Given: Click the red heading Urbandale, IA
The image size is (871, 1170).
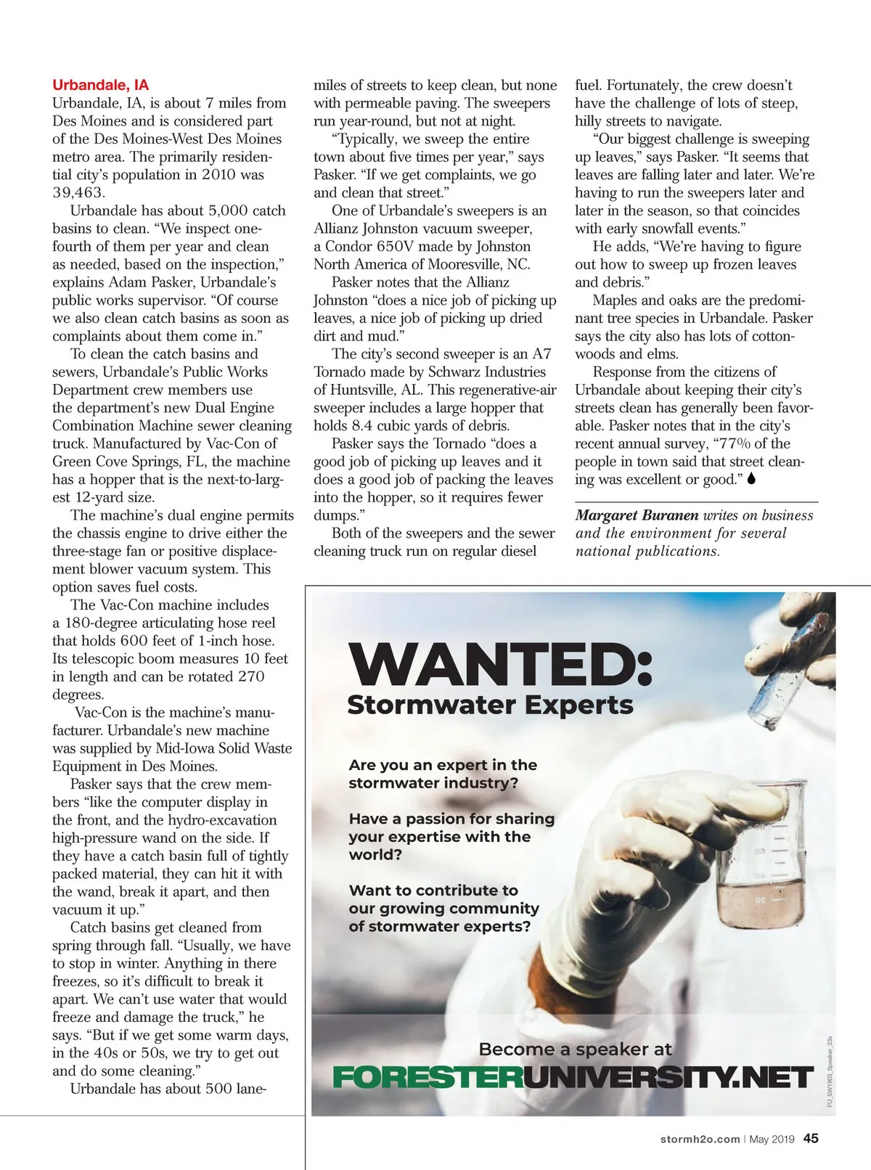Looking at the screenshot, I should pos(100,85).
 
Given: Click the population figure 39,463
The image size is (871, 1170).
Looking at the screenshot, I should pos(78,192).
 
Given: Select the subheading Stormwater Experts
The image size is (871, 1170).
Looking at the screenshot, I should pos(490,705).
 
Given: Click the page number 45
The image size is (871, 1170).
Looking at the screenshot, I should pos(811,1139).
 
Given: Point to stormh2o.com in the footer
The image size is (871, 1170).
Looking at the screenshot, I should pos(700,1140).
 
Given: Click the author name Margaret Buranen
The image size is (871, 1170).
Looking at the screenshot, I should pos(637,515).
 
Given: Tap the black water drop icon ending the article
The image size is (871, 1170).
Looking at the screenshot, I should pos(751,479).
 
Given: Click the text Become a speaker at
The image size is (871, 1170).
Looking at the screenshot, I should pos(575,1049).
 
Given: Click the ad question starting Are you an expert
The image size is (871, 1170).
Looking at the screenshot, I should pos(443,774).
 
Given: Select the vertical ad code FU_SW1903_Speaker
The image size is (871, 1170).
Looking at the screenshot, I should pos(829,1071).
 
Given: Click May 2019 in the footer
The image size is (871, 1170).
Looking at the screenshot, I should pos(772,1140).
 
